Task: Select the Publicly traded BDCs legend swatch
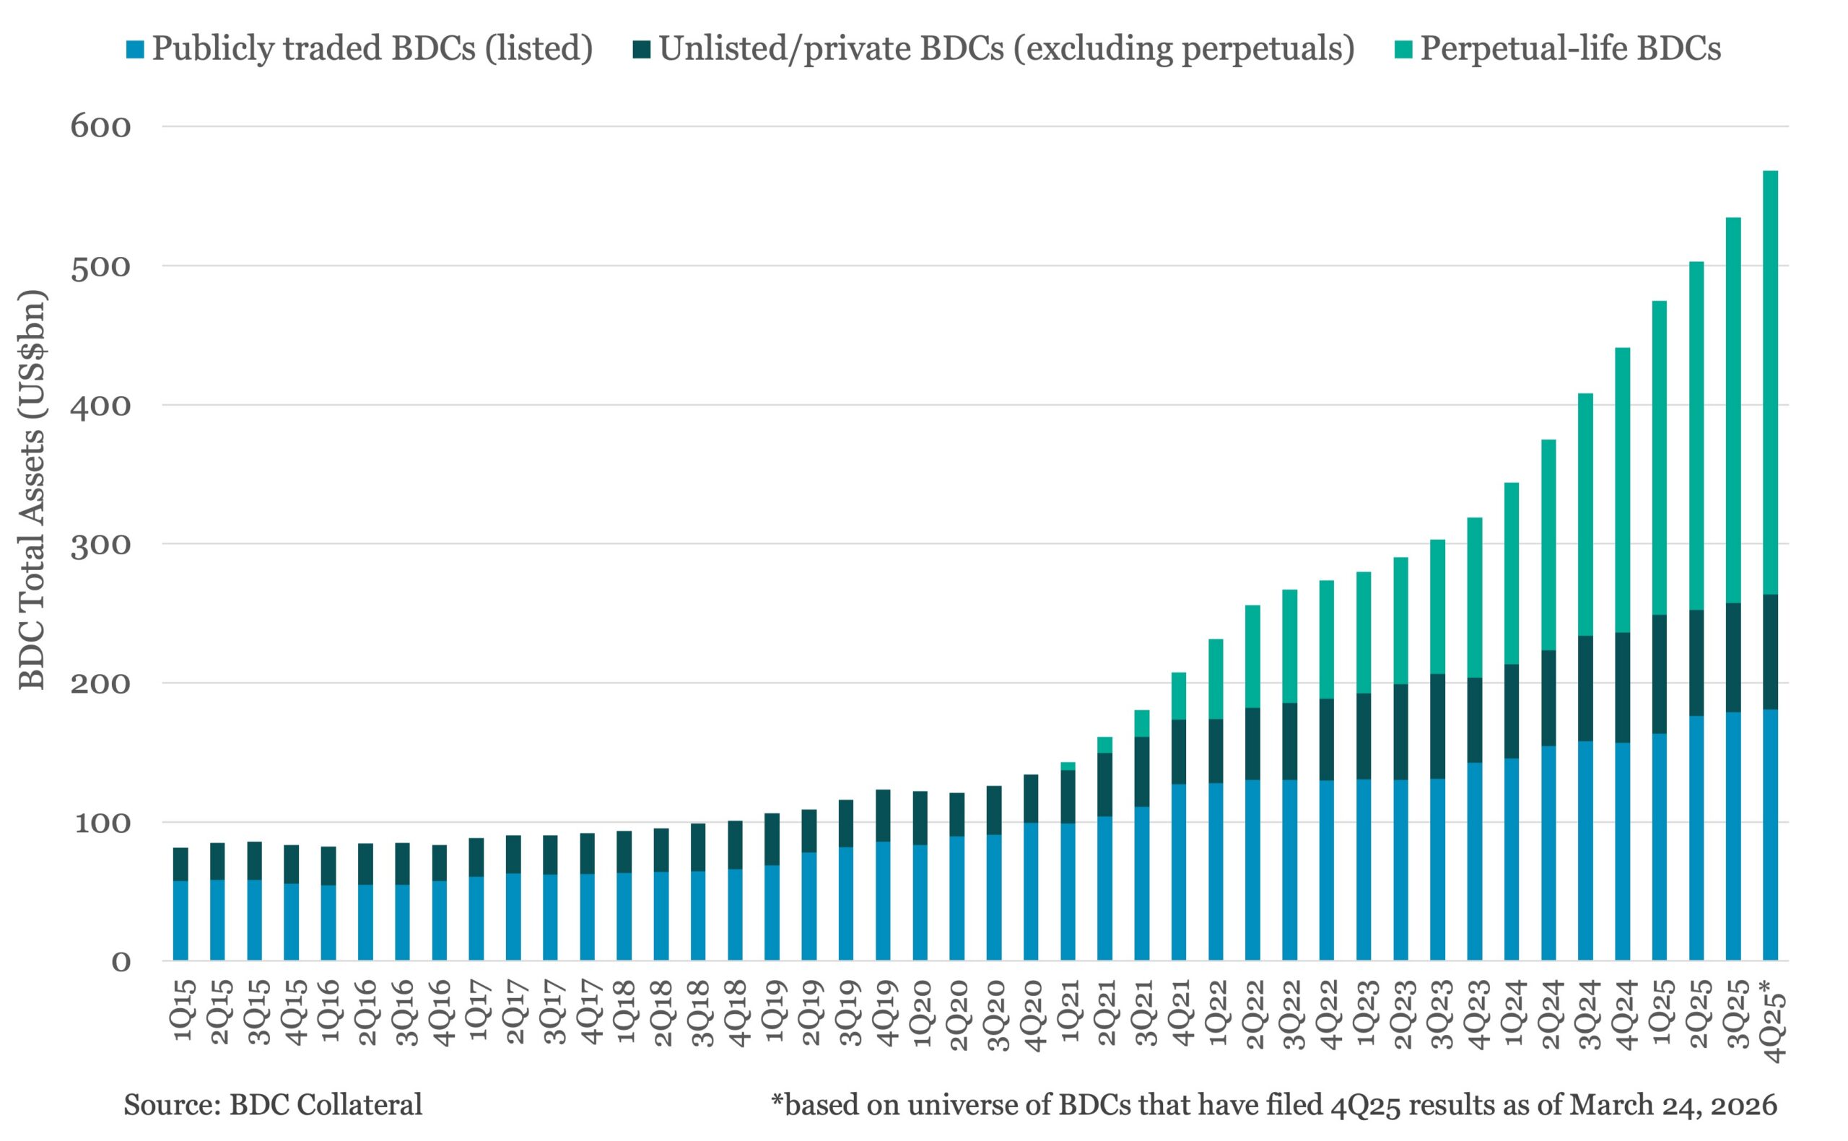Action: (135, 50)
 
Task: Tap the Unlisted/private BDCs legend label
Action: (1006, 48)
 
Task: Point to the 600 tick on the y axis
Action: (100, 126)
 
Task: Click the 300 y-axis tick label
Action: (100, 544)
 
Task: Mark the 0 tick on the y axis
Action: (121, 961)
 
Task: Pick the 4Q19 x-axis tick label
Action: (886, 1011)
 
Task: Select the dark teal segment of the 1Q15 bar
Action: (180, 864)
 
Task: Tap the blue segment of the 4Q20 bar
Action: (1031, 891)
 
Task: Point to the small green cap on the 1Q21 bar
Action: (1068, 766)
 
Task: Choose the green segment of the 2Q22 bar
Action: (1252, 656)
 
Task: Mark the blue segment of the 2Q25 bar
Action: (1696, 838)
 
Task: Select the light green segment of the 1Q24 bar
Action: (1512, 574)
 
